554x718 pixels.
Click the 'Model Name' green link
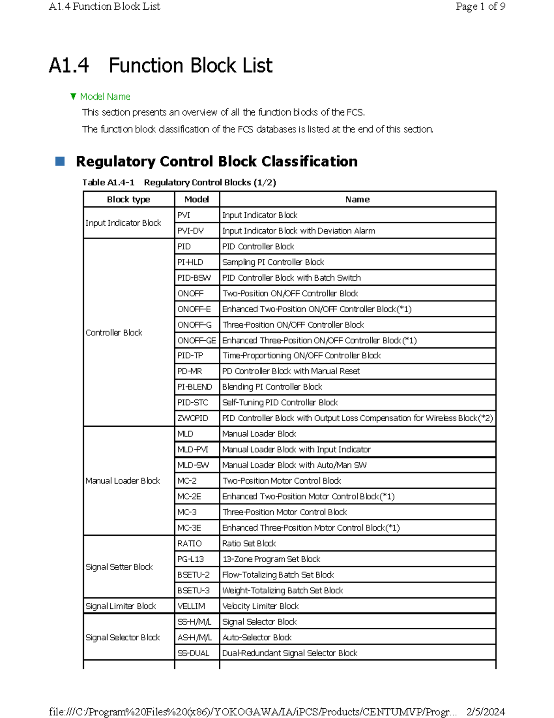(105, 97)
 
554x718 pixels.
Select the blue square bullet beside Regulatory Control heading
(60, 161)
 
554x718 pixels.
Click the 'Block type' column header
(128, 199)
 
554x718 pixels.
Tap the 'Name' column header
(357, 199)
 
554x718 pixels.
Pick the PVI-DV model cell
(190, 231)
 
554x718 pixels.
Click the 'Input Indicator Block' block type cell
(123, 223)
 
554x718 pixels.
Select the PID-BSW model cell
(194, 278)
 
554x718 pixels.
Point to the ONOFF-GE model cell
(197, 340)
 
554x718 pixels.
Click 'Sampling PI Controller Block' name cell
(273, 262)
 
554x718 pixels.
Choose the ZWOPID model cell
(193, 418)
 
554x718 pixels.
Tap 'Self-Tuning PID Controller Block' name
(280, 403)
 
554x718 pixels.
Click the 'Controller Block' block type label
(114, 332)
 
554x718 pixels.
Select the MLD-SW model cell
(193, 465)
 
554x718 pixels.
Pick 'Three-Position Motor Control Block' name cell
(284, 512)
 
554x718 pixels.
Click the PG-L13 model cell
(190, 559)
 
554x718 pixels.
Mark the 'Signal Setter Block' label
(119, 567)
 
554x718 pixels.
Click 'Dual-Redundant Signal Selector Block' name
(289, 653)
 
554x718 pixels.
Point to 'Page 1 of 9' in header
(480, 6)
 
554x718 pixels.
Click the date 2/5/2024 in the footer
(486, 712)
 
